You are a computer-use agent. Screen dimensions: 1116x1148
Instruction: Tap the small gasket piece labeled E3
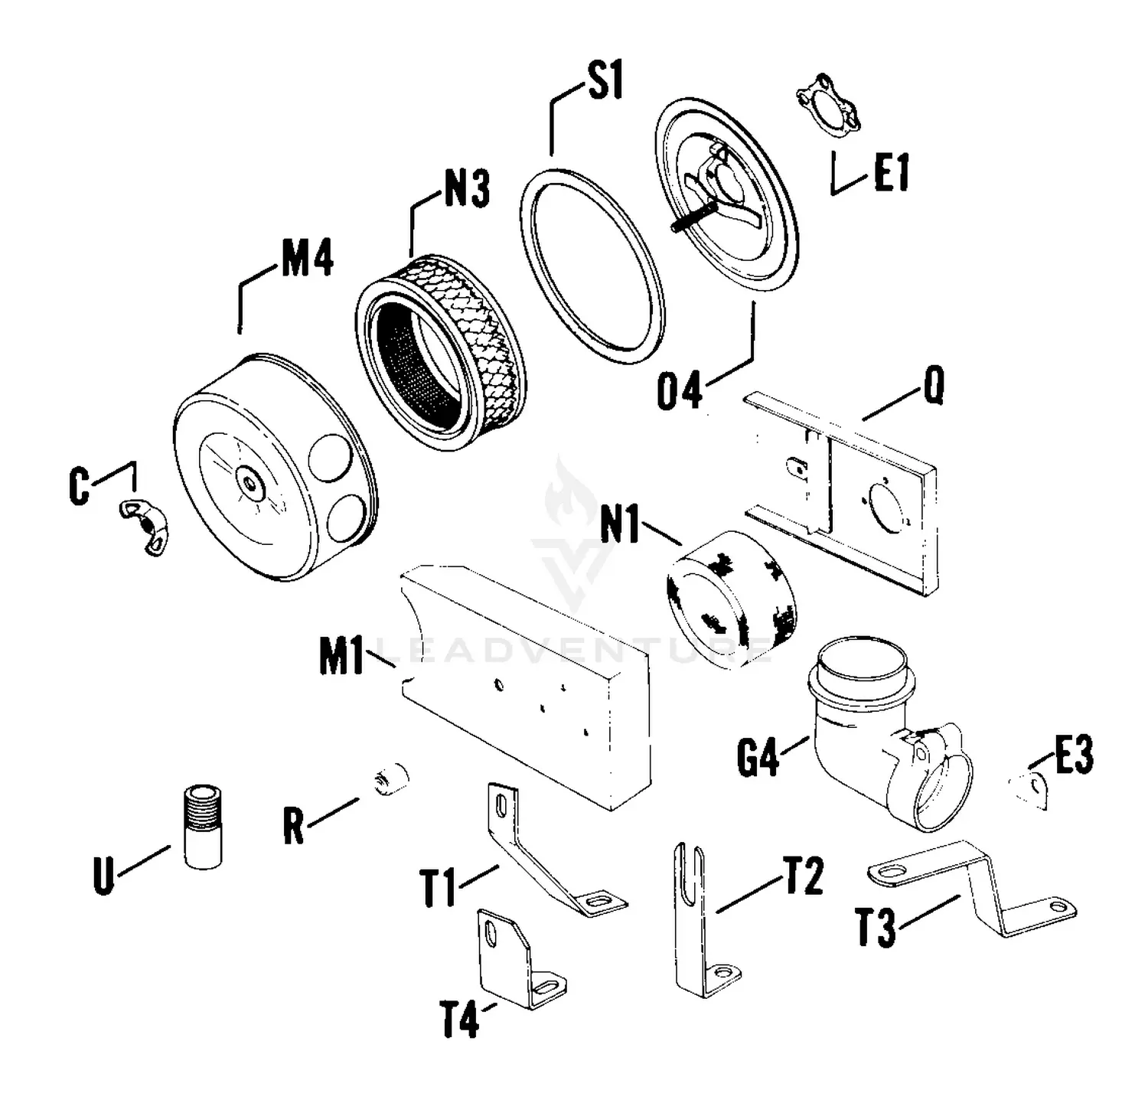pyautogui.click(x=1030, y=788)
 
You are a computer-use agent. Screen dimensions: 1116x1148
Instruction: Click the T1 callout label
pyautogui.click(x=439, y=888)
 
